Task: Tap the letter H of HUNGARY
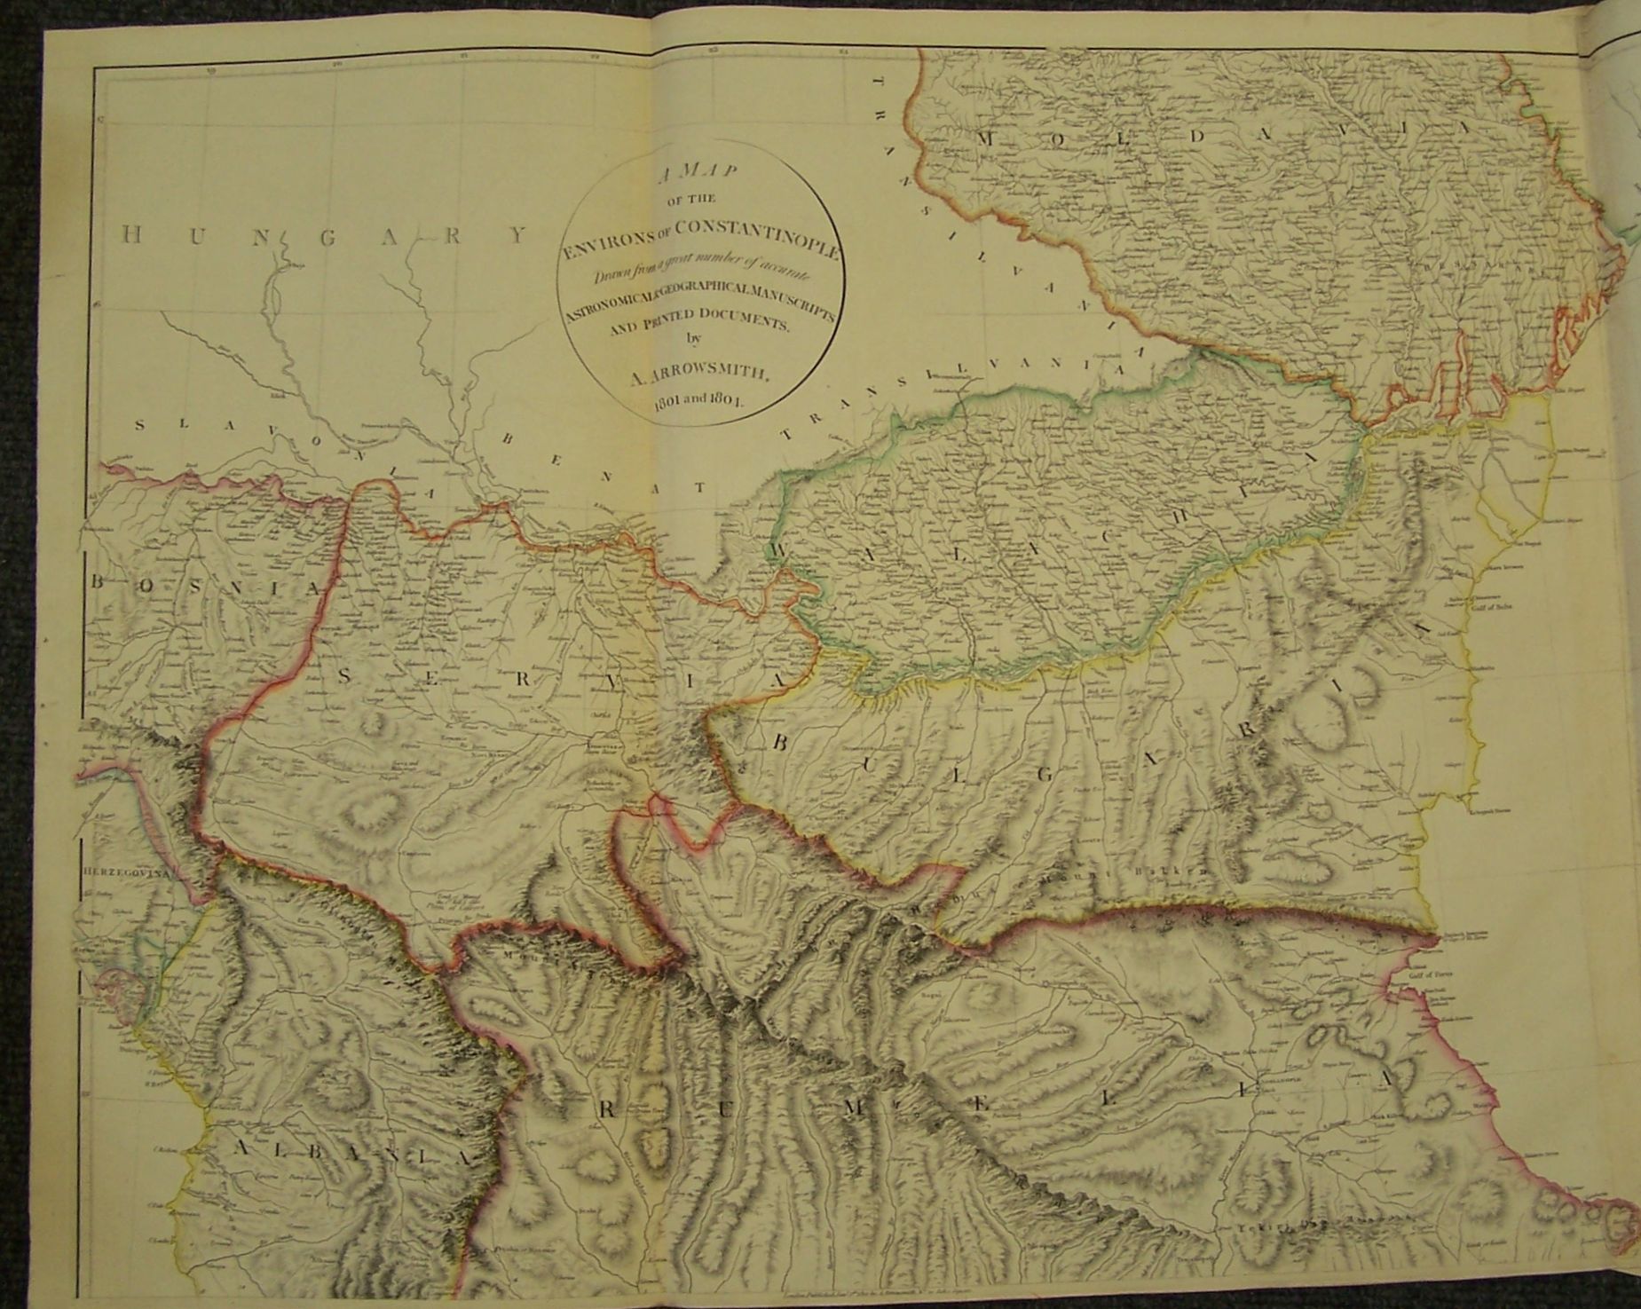coord(130,235)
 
